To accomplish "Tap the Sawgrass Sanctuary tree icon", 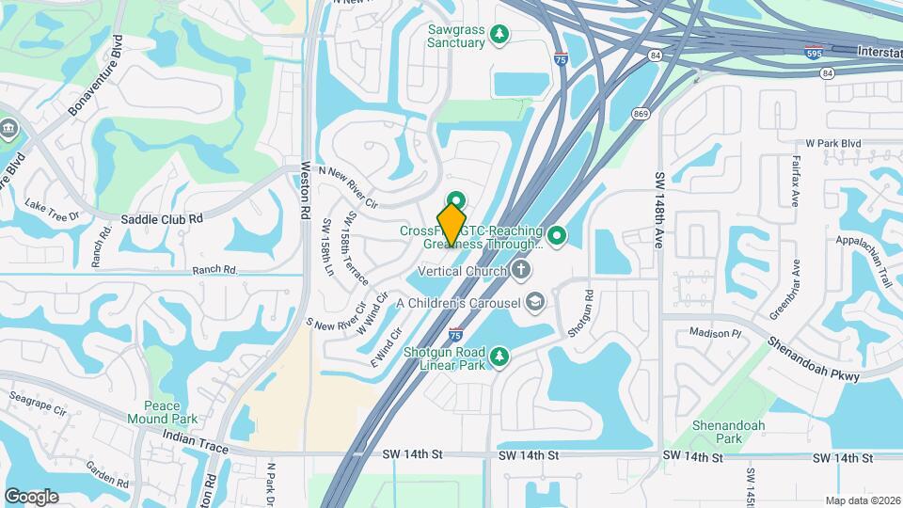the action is tap(501, 36).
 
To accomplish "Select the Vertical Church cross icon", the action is tap(522, 271).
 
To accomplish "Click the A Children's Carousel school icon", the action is tap(535, 302).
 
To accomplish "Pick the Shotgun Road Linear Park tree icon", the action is tap(500, 355).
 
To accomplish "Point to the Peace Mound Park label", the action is tap(163, 412).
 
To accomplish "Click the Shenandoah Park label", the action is tap(729, 432).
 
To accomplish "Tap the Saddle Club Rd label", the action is tap(162, 219).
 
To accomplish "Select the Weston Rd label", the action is tap(305, 192).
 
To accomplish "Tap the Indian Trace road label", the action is tap(195, 442).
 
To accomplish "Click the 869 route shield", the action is tap(641, 115).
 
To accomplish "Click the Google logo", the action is tap(31, 496).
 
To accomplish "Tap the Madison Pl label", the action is tap(716, 333).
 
